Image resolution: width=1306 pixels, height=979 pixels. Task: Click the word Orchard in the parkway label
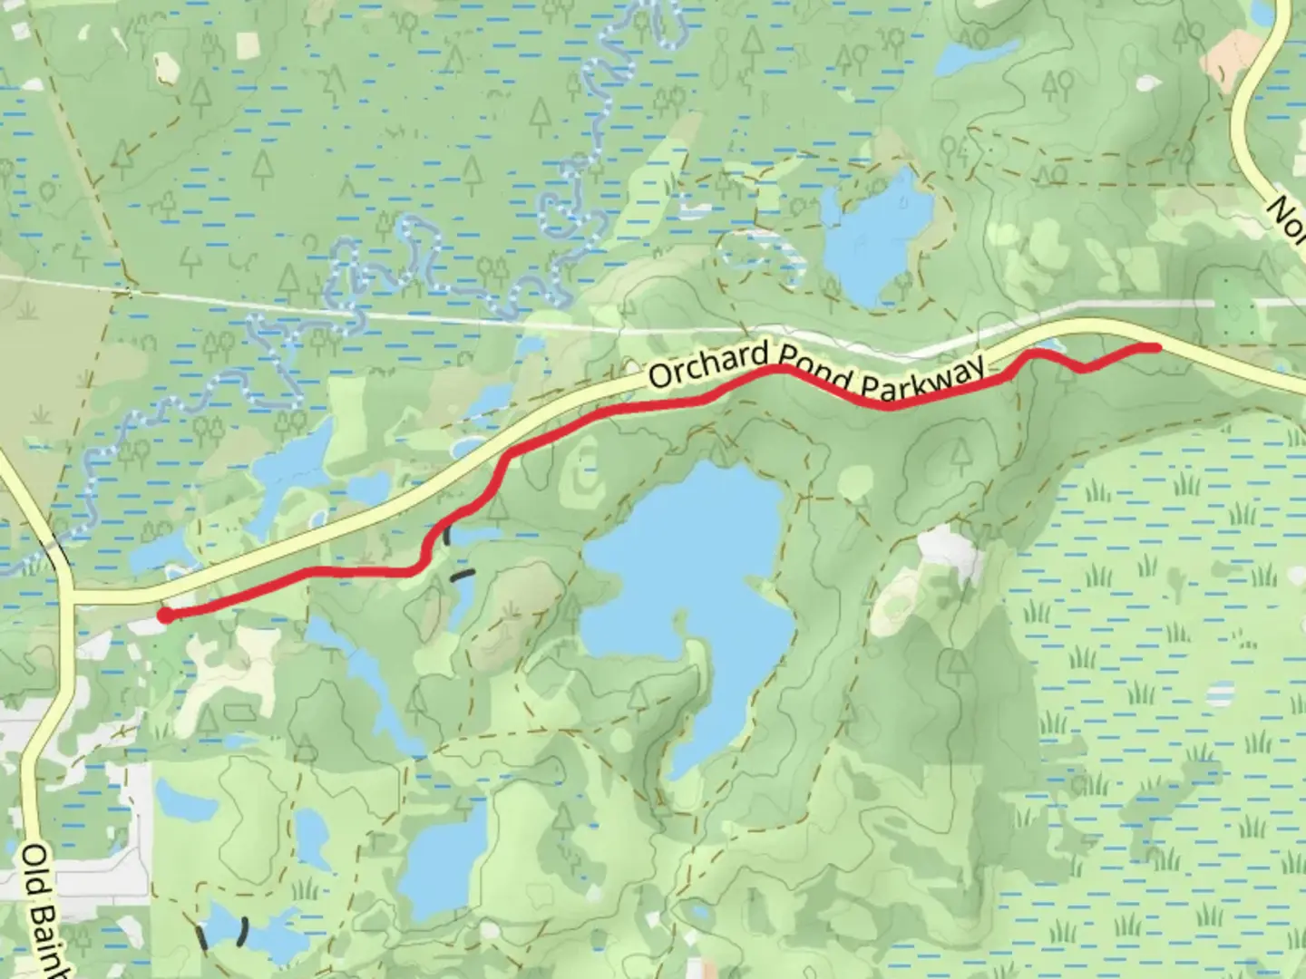[699, 365]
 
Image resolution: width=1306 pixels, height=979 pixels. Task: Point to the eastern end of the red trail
[1155, 347]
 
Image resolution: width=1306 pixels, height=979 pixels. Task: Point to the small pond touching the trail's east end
[1048, 346]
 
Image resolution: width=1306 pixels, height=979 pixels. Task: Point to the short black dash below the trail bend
[463, 574]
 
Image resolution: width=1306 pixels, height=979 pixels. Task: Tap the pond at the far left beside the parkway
[159, 553]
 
